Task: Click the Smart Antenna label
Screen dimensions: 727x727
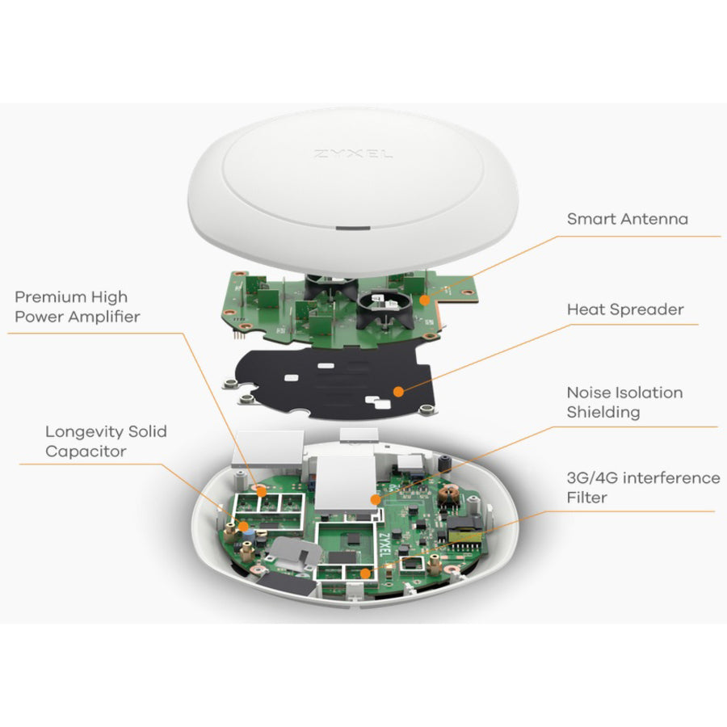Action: click(x=627, y=219)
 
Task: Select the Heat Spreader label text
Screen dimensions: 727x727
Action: click(x=624, y=309)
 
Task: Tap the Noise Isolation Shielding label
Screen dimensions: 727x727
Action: click(x=624, y=402)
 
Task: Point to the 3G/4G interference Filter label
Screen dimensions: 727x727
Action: click(x=643, y=487)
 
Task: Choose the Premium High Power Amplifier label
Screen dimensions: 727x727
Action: click(x=77, y=307)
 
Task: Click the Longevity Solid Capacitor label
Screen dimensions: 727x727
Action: click(x=106, y=441)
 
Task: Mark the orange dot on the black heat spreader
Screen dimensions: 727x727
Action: click(x=397, y=391)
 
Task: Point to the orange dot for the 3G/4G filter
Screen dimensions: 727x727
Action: click(x=364, y=573)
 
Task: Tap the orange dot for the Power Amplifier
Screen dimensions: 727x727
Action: click(x=261, y=489)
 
